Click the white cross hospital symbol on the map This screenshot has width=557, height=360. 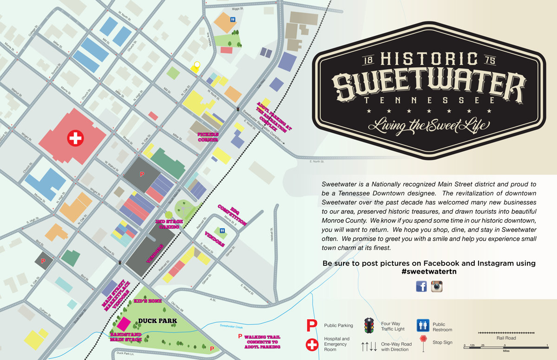click(x=75, y=138)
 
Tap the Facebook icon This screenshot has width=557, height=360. click(x=421, y=286)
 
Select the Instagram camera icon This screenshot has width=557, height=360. click(x=436, y=286)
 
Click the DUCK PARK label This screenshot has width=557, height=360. click(x=157, y=321)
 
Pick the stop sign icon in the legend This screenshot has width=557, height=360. click(x=423, y=340)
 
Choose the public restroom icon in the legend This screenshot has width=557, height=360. click(x=423, y=324)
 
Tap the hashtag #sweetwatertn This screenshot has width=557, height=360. click(x=429, y=272)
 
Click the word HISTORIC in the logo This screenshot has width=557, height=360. click(x=429, y=60)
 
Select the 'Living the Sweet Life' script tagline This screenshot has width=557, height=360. click(x=429, y=125)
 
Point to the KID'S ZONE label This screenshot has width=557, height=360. click(x=148, y=301)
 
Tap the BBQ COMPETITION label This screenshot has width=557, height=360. click(x=232, y=214)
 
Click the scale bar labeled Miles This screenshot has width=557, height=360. click(x=506, y=346)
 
